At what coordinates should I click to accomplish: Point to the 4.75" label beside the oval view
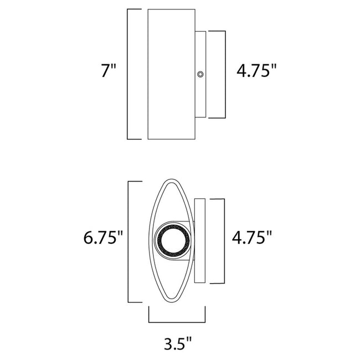click(253, 239)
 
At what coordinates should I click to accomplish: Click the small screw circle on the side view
click(200, 74)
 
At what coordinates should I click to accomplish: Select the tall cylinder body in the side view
click(172, 74)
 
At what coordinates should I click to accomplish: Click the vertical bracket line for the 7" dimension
click(128, 74)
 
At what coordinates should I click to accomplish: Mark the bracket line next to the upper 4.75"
click(226, 74)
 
